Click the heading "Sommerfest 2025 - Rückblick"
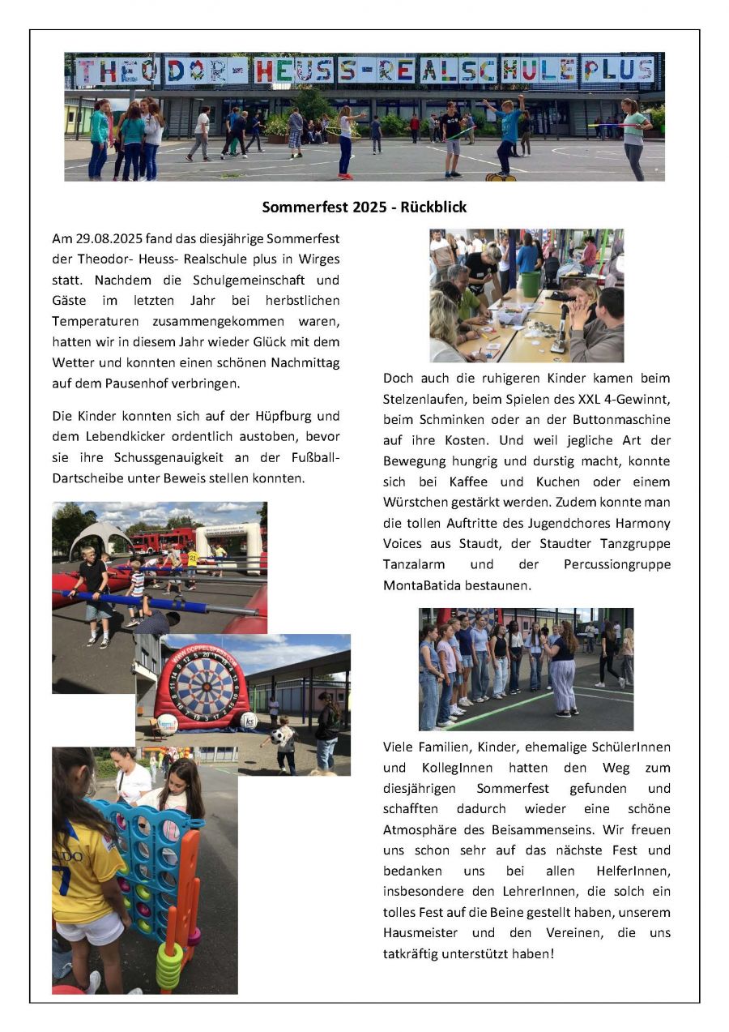click(x=364, y=207)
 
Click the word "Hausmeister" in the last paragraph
click(x=420, y=933)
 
